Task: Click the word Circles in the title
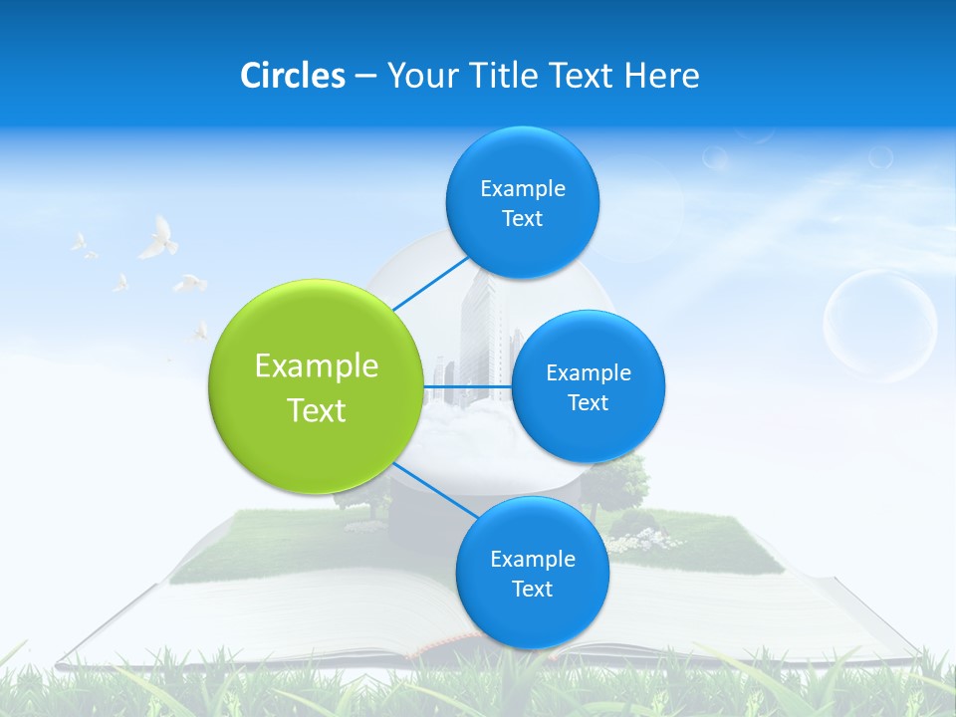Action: click(x=292, y=76)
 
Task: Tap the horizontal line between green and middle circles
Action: click(x=466, y=385)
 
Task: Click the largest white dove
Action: click(x=158, y=240)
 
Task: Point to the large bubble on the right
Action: click(x=880, y=327)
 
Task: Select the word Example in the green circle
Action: click(x=316, y=366)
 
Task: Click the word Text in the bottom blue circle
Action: click(x=532, y=589)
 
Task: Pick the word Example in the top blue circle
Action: click(x=523, y=188)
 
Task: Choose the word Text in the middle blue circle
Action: click(x=588, y=402)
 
